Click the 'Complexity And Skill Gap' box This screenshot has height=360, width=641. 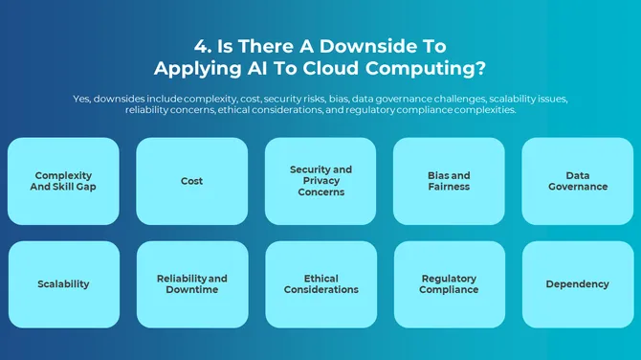(x=63, y=181)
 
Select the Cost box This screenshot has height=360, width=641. (x=191, y=181)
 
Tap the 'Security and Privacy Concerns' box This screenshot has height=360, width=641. (x=320, y=181)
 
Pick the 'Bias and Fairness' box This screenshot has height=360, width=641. (x=449, y=181)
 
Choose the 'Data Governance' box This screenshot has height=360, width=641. (x=578, y=181)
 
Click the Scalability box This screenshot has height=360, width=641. (x=63, y=284)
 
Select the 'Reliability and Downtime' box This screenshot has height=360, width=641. (x=191, y=284)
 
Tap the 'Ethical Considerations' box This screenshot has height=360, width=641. (x=320, y=284)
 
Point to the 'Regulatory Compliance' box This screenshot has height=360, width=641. (x=449, y=284)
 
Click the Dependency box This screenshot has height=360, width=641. (x=578, y=284)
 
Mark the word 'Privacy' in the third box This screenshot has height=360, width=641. (x=320, y=181)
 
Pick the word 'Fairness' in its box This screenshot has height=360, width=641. (x=449, y=187)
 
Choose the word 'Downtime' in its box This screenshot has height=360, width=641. (x=191, y=290)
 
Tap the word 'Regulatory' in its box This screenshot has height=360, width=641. (x=449, y=279)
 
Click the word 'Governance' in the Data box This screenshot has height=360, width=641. (x=578, y=187)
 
